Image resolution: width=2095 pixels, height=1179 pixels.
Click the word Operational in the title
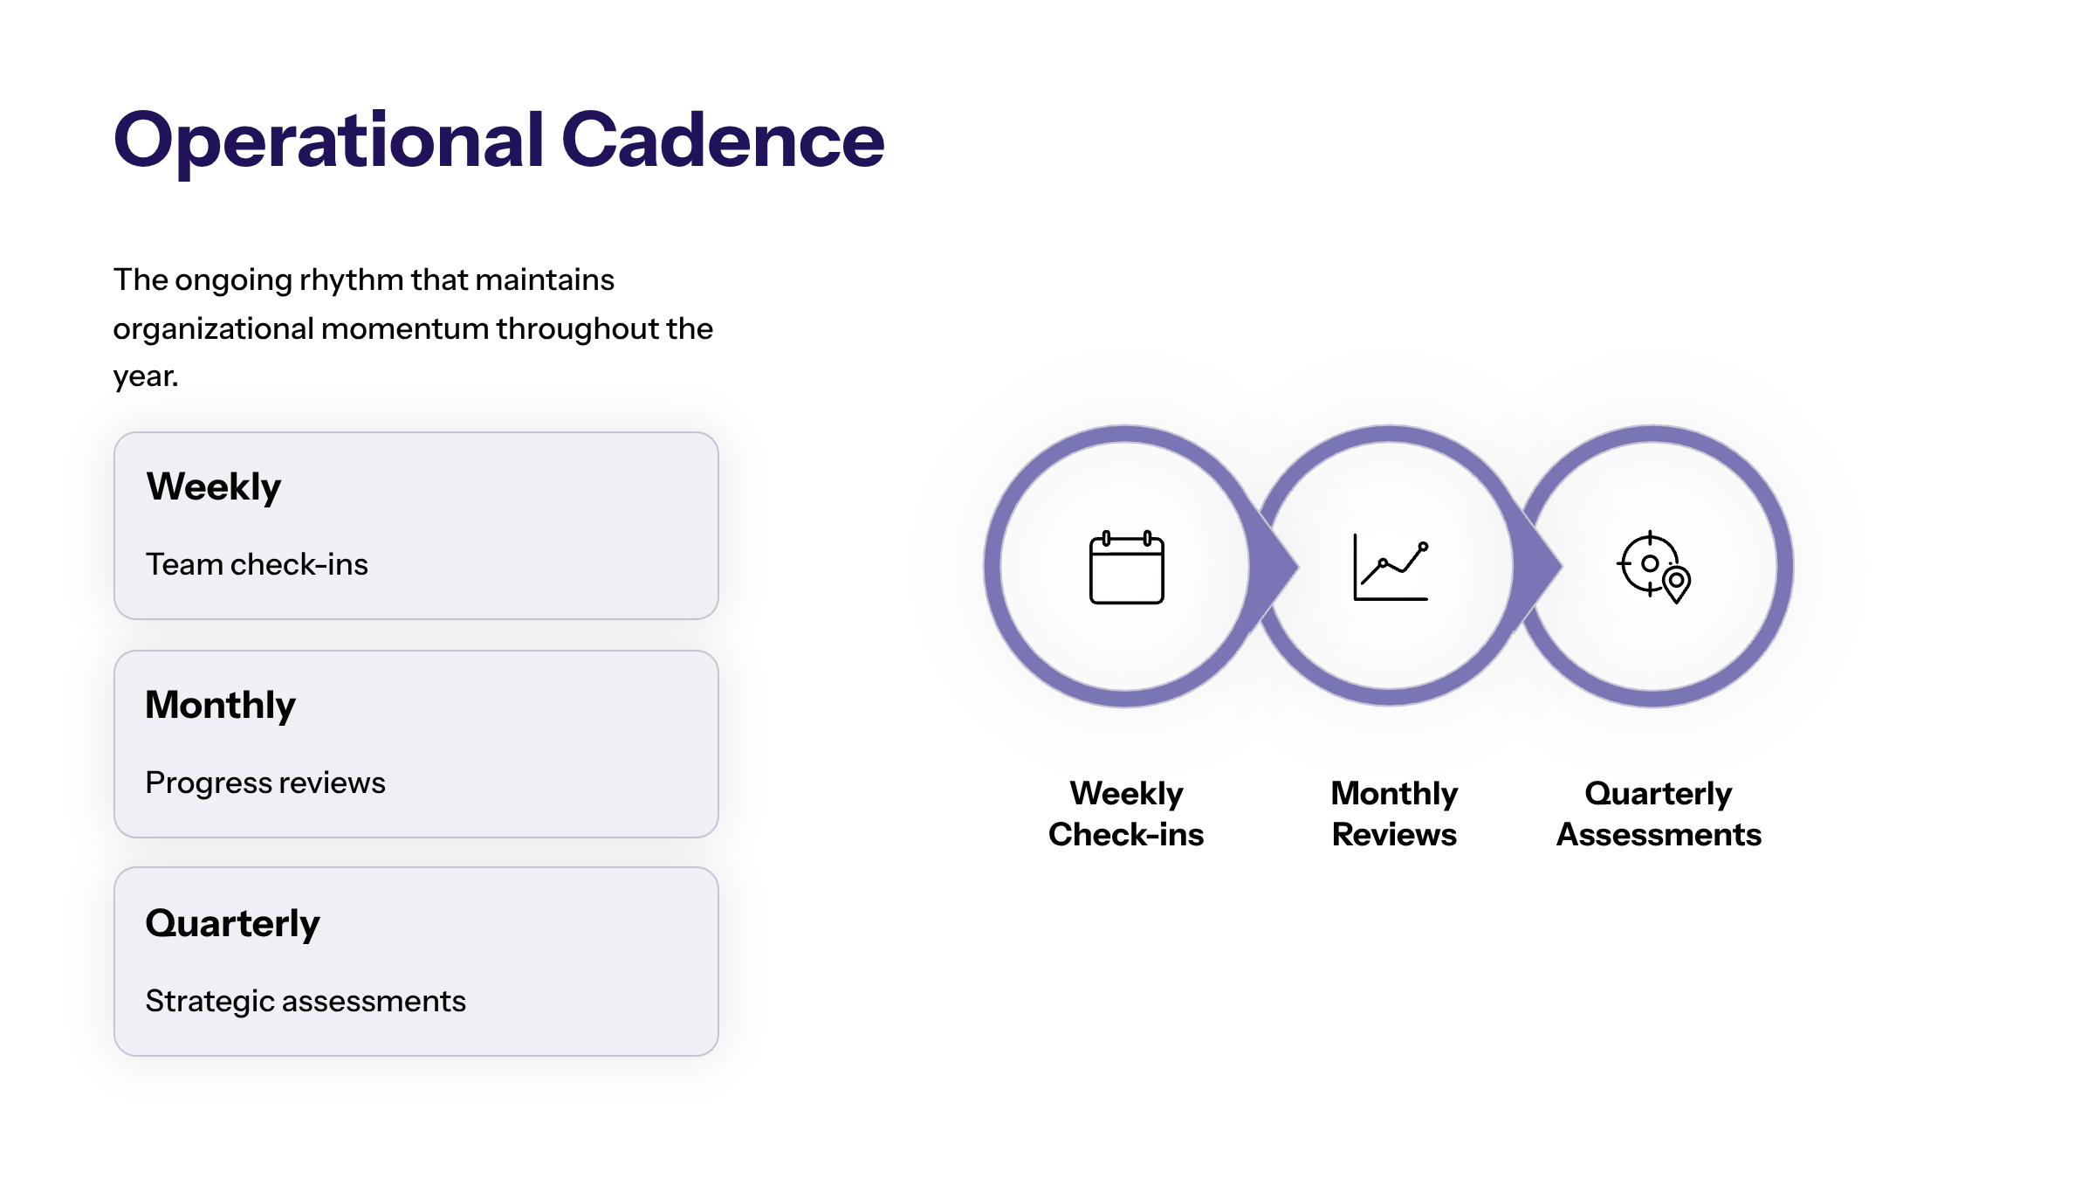click(x=329, y=141)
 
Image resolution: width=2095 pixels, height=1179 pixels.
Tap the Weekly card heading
click(x=214, y=487)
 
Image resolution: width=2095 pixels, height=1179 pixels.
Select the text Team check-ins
click(x=257, y=564)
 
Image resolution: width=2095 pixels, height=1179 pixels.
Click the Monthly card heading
click(x=221, y=706)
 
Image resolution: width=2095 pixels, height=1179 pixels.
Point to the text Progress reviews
click(x=265, y=783)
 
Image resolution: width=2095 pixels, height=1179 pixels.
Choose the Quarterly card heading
click(x=233, y=924)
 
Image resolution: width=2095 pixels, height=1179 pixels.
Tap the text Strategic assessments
click(x=306, y=1002)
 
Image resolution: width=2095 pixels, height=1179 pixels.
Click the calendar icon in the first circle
click(x=1127, y=567)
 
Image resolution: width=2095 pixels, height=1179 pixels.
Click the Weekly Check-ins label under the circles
click(x=1126, y=813)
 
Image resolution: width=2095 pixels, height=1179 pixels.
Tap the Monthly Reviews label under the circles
click(x=1394, y=813)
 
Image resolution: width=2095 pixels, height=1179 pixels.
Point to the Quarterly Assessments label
click(x=1659, y=813)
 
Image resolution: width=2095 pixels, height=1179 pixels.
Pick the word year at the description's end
click(x=145, y=377)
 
